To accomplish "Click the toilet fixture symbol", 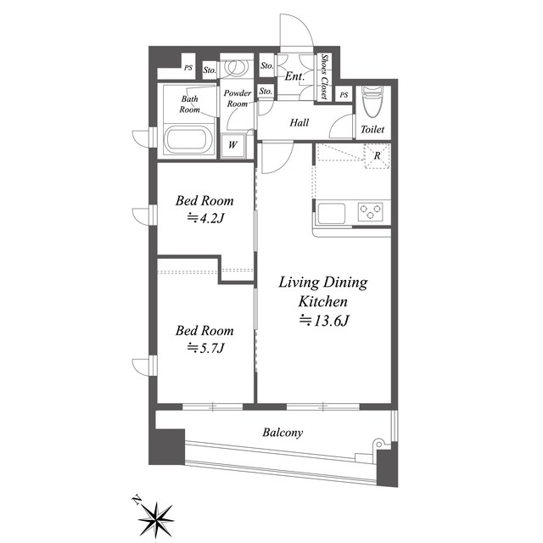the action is (372, 102).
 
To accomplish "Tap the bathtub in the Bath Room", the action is (188, 140).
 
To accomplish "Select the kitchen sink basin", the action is (332, 213).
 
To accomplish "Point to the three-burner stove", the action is (370, 211).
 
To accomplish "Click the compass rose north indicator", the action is (155, 518).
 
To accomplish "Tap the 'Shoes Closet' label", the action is (324, 76).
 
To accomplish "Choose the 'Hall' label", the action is (299, 122).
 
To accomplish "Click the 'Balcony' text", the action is (283, 433).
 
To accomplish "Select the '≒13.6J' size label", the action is (324, 321).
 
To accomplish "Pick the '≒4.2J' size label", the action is (205, 218).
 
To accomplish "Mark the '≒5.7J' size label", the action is (205, 347).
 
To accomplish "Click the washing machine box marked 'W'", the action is (233, 145).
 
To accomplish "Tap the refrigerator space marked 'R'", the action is (377, 155).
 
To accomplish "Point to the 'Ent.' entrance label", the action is (294, 76).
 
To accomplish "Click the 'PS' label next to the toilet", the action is (344, 94).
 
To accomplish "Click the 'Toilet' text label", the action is (372, 130).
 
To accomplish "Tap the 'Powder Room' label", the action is (238, 98).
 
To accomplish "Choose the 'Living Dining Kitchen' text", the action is (323, 292).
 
